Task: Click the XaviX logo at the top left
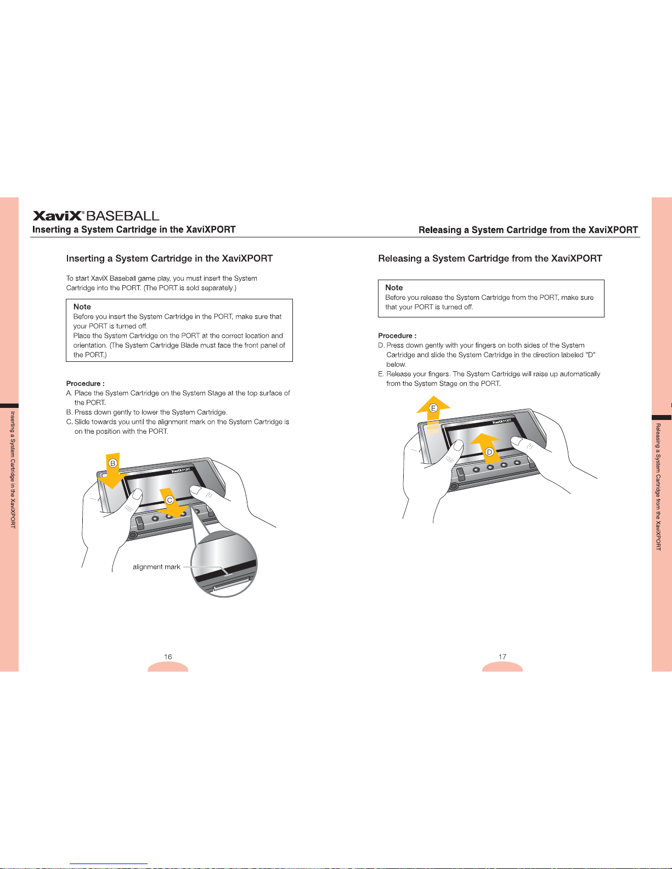click(58, 216)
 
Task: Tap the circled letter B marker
click(113, 463)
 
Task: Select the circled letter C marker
click(170, 500)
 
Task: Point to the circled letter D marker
click(489, 452)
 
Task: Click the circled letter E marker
click(433, 408)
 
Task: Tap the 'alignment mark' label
click(156, 567)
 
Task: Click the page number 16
click(168, 657)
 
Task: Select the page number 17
click(502, 657)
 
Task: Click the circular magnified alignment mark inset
click(224, 565)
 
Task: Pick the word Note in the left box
click(82, 307)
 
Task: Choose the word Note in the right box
click(394, 288)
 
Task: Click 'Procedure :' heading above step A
click(85, 384)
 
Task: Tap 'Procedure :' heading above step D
click(397, 336)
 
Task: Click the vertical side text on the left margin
click(13, 470)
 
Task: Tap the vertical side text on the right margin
click(658, 487)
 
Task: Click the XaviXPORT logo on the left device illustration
click(180, 470)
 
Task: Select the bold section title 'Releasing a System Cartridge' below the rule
click(490, 259)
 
